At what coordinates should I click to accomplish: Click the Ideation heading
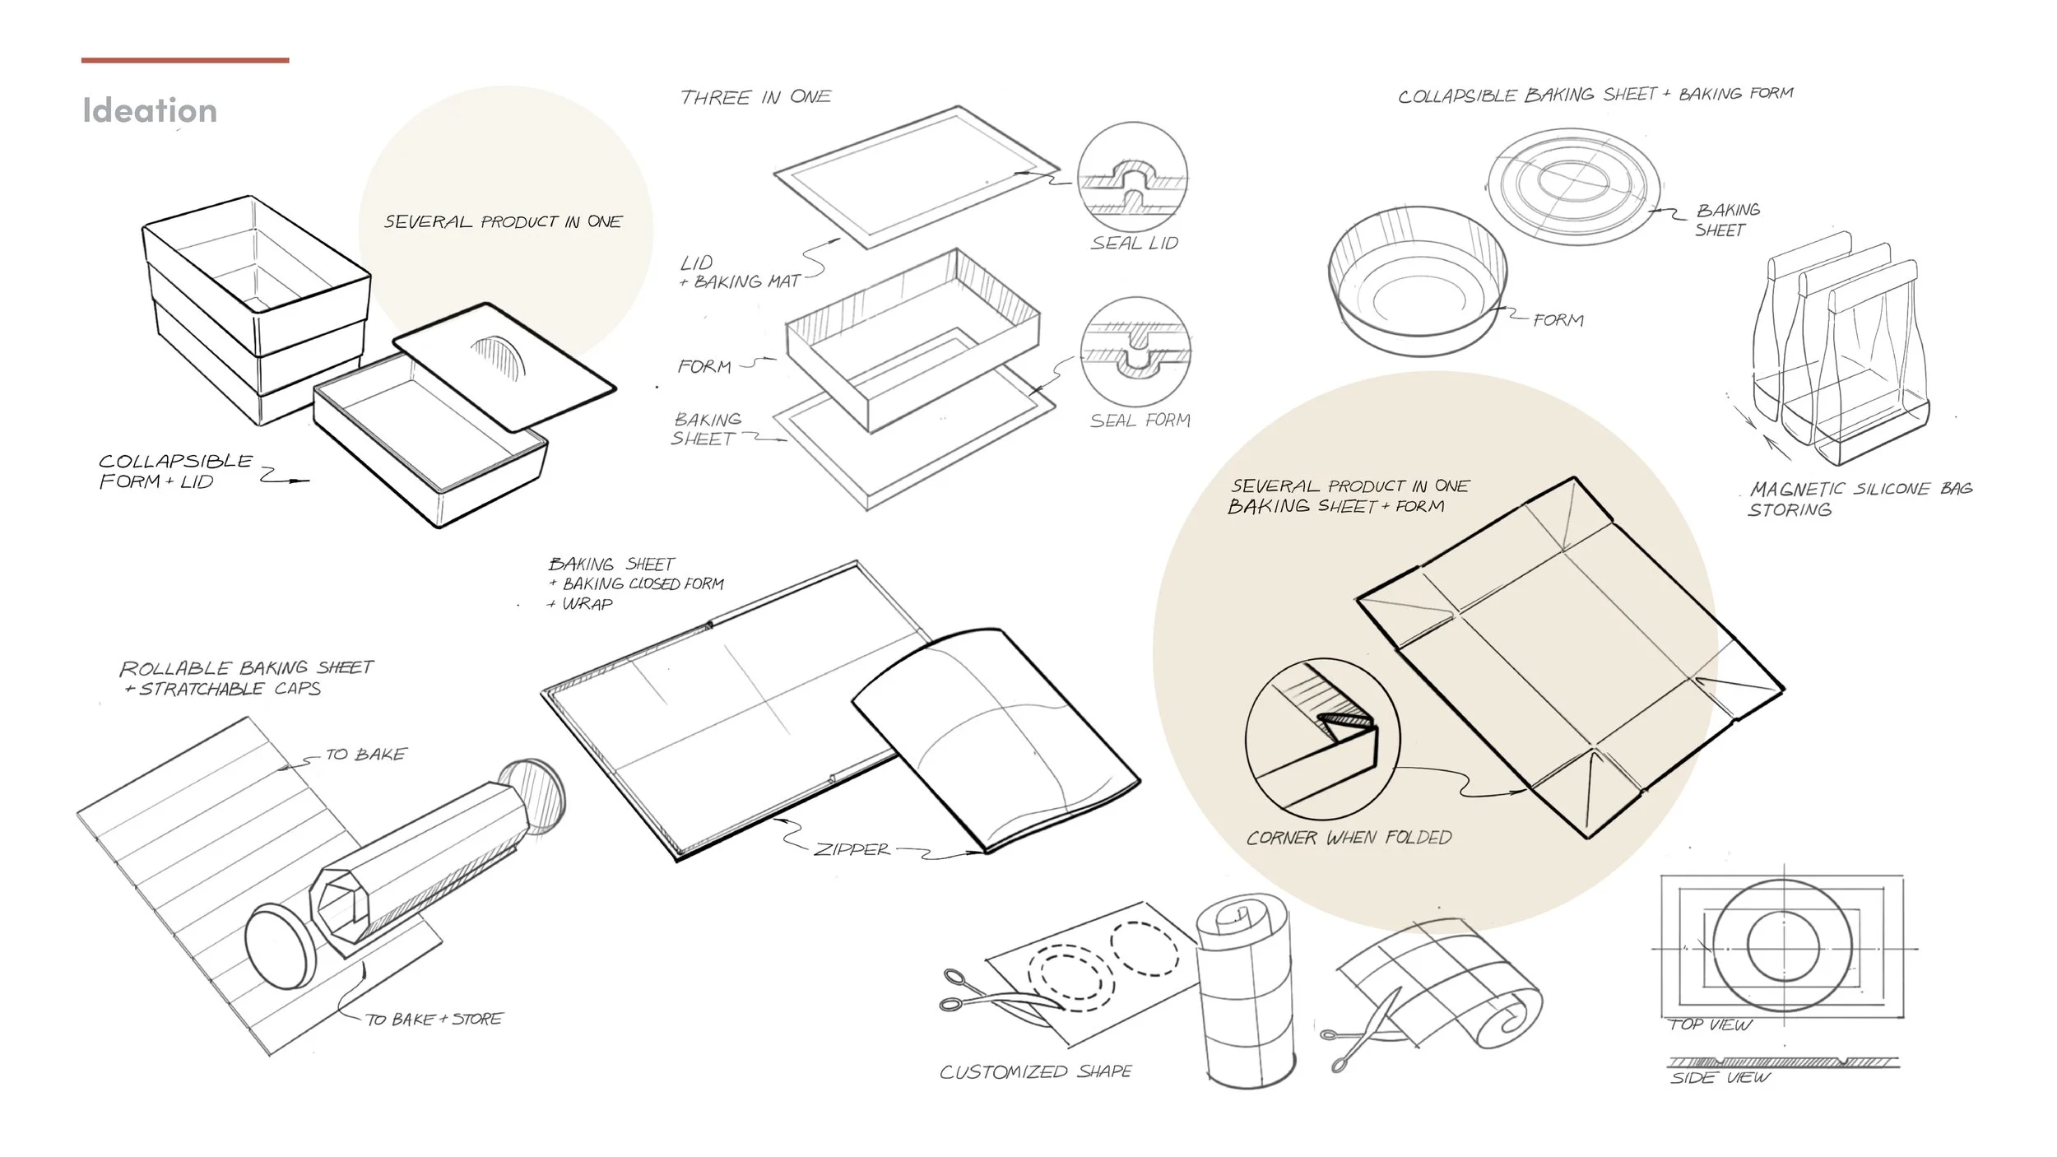tap(150, 110)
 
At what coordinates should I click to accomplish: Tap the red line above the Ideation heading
tap(185, 60)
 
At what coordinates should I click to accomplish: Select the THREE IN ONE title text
tap(755, 97)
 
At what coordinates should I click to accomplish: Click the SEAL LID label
tap(1135, 243)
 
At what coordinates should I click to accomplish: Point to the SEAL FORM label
tap(1140, 421)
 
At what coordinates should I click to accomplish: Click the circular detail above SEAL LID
tap(1133, 178)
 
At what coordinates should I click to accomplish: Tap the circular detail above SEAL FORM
tap(1135, 351)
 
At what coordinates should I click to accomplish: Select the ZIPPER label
tap(852, 849)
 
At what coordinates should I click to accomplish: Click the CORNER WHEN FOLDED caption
tap(1349, 838)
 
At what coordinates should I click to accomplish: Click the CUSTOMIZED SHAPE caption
tap(1036, 1071)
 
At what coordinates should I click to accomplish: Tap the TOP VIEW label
tap(1711, 1025)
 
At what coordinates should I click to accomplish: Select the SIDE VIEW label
tap(1720, 1077)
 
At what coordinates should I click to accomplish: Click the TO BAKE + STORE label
tap(434, 1019)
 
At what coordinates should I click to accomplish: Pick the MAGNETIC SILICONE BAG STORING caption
tap(1860, 499)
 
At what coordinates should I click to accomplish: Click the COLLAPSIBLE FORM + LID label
tap(174, 472)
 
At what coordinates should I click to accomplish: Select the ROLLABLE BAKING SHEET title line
tap(246, 667)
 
